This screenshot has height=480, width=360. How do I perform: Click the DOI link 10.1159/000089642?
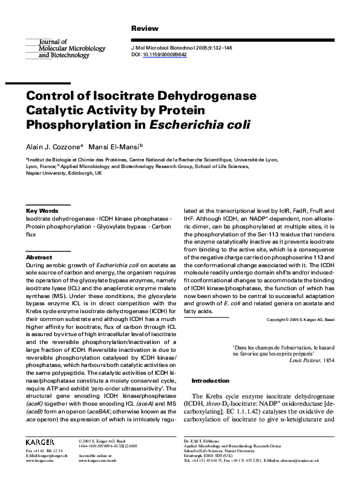[165, 54]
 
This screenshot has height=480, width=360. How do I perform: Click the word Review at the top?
[145, 28]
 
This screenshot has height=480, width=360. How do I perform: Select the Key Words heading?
[42, 210]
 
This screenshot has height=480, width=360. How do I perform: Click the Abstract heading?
[39, 257]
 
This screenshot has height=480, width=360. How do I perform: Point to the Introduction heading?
[210, 381]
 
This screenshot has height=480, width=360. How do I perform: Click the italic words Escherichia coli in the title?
[201, 125]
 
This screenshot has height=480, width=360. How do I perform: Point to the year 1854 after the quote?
[327, 359]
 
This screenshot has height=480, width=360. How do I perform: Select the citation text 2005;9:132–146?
[192, 48]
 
